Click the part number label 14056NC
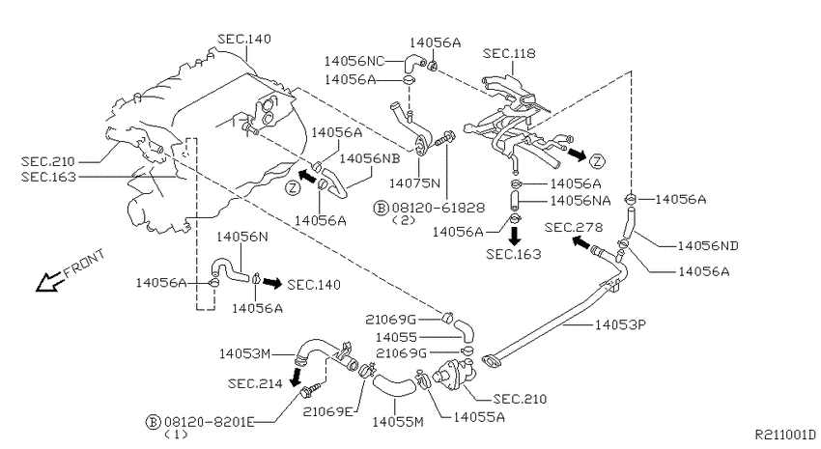point(354,61)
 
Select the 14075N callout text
point(414,183)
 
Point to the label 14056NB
point(370,158)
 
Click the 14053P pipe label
point(620,325)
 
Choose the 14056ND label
point(708,245)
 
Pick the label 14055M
point(398,421)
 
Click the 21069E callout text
point(328,411)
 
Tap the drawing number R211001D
point(785,435)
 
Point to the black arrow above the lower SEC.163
point(515,235)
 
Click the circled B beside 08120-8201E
point(153,422)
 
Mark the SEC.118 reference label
point(509,53)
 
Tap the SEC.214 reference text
point(255,383)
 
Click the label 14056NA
point(580,201)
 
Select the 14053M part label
point(244,353)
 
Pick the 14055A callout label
point(479,417)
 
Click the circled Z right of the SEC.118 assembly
point(597,160)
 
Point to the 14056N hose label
point(241,238)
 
